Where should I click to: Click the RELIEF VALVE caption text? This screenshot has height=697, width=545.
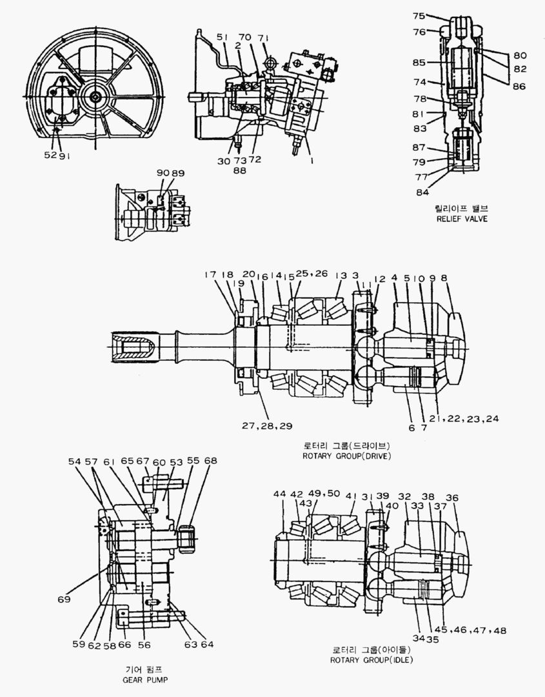(x=461, y=219)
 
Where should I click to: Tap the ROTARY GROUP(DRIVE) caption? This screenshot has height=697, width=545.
(x=346, y=455)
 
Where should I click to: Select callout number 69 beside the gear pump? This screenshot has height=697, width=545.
(x=63, y=600)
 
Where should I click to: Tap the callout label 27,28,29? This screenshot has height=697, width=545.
(x=268, y=427)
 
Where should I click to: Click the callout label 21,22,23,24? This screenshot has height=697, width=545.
(x=465, y=418)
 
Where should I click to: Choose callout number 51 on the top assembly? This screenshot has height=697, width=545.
(x=223, y=37)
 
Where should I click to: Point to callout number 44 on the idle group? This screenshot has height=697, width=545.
(x=279, y=494)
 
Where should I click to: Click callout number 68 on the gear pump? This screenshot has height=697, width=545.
(x=210, y=461)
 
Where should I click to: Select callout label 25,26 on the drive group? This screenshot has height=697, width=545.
(x=312, y=274)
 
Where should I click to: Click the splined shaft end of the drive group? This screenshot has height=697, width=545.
(x=133, y=348)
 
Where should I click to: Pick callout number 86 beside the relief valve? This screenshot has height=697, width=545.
(x=519, y=86)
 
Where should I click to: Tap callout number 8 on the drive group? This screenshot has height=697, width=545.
(x=444, y=278)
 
